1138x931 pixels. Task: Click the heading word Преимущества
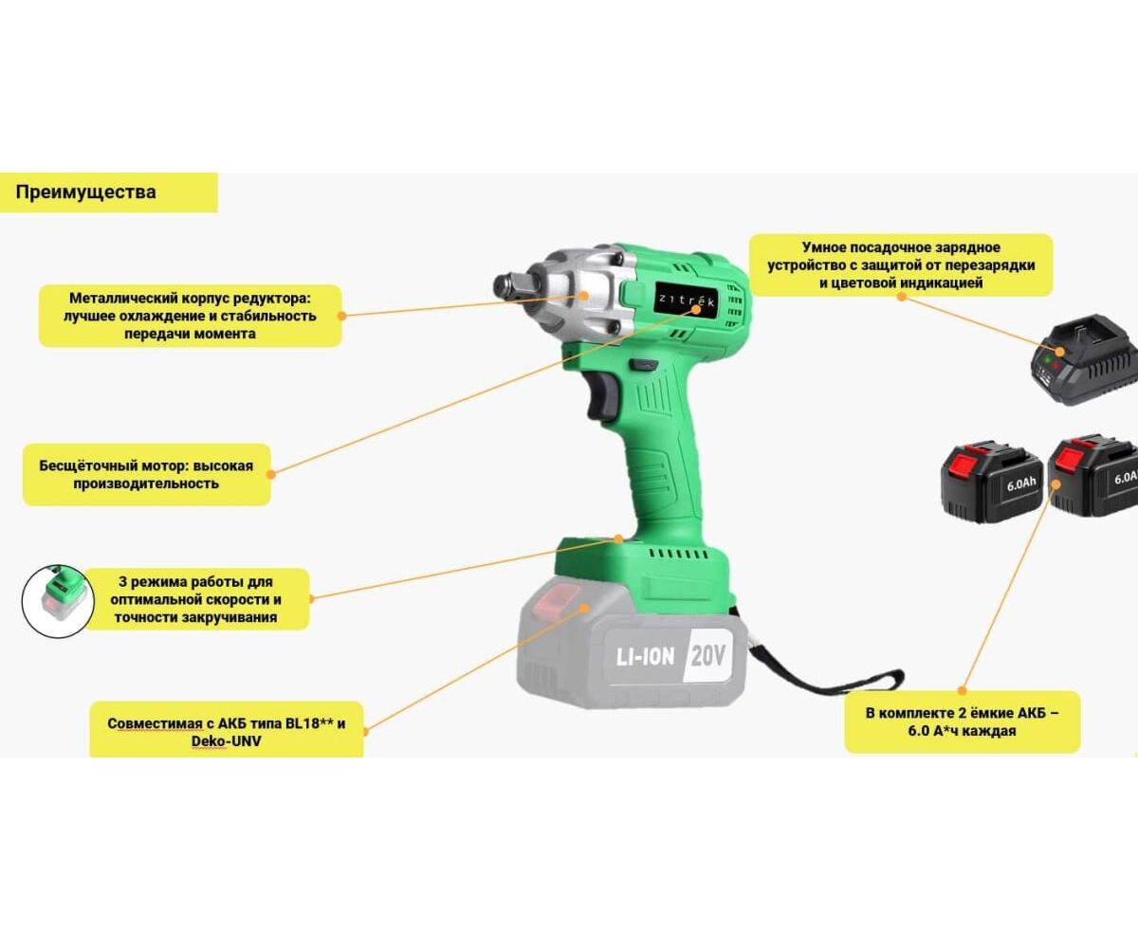[85, 192]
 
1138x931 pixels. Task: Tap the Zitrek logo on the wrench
[686, 300]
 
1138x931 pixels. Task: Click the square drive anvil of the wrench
[511, 285]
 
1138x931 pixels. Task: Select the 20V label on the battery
[708, 656]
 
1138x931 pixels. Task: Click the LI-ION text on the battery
[646, 657]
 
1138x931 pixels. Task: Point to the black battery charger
[1085, 359]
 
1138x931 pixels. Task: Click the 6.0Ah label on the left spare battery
[1021, 484]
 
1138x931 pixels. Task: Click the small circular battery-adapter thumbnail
[58, 601]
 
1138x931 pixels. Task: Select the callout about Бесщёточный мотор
[146, 475]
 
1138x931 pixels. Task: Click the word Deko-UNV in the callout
[226, 741]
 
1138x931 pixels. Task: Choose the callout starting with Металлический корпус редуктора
[190, 316]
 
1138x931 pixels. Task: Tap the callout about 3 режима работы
[196, 599]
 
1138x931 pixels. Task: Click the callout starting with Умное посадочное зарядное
[901, 265]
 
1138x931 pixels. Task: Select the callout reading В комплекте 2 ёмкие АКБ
[963, 721]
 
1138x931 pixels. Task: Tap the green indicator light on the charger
[1047, 359]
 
